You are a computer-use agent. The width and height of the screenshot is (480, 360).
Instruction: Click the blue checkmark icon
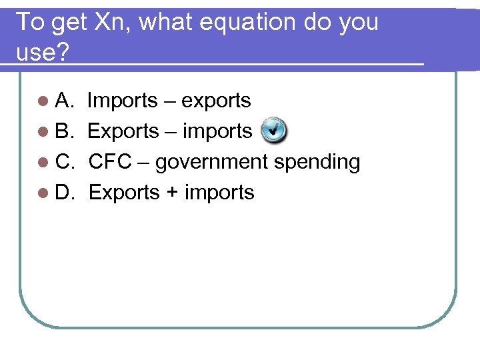[x=273, y=130]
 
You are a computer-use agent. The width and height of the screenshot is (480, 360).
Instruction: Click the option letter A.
[x=64, y=101]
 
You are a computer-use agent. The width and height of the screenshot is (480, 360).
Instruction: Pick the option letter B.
[x=64, y=131]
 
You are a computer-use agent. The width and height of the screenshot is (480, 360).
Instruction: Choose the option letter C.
[x=64, y=162]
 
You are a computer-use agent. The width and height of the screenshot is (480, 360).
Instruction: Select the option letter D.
[x=64, y=193]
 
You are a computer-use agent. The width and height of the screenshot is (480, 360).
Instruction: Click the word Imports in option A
[x=122, y=101]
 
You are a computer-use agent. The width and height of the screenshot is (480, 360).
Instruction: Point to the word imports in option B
[x=217, y=131]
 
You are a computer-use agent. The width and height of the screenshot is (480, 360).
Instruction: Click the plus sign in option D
[x=172, y=193]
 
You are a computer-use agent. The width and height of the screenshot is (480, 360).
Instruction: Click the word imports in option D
[x=219, y=193]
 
